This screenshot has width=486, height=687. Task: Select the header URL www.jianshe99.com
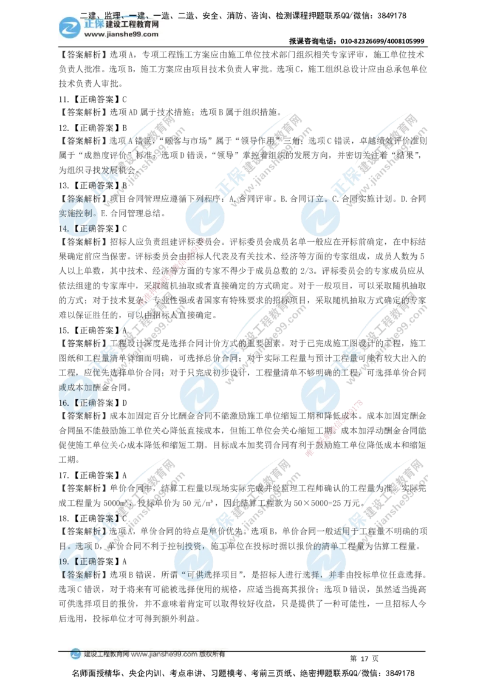click(121, 35)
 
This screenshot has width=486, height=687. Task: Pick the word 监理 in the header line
click(114, 15)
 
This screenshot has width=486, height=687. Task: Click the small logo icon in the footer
click(75, 654)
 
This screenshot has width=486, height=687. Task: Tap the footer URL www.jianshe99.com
click(164, 655)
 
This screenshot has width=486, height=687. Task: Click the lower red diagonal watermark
click(335, 429)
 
